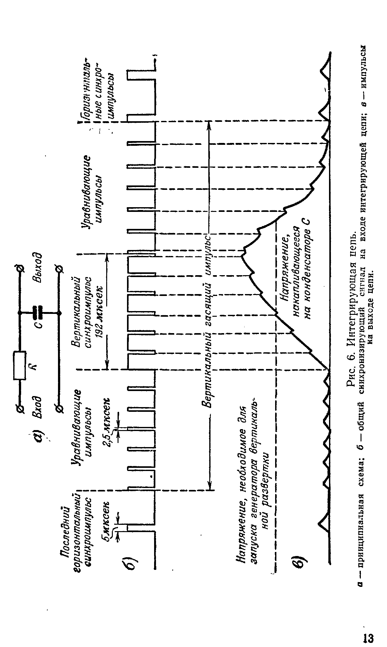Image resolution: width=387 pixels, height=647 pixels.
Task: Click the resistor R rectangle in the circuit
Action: pos(20,365)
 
